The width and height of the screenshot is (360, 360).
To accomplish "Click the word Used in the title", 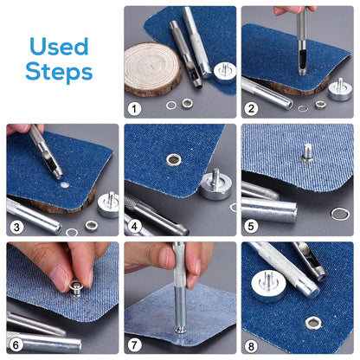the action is (59, 47).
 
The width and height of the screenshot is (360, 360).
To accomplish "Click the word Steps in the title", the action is (59, 71).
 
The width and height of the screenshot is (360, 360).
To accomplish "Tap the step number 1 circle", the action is (134, 109).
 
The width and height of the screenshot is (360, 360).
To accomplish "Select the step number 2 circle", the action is (251, 109).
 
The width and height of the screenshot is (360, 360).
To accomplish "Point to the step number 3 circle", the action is (16, 227).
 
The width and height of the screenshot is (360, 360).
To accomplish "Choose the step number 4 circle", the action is (134, 227).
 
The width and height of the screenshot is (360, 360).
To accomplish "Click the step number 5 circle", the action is (251, 227).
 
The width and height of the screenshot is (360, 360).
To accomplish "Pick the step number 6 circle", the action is (16, 344).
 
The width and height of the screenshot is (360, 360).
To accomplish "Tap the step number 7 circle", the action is (134, 344).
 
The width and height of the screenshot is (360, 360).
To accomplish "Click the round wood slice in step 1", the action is (152, 69).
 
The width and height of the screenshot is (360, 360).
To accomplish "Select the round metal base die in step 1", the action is (225, 72).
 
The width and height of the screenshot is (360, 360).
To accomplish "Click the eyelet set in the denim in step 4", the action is (174, 160).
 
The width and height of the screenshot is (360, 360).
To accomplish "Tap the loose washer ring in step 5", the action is (340, 214).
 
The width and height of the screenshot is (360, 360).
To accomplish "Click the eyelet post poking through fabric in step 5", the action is (308, 152).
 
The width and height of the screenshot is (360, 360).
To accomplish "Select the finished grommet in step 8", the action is (313, 323).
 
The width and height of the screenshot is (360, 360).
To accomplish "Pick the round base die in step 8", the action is (268, 286).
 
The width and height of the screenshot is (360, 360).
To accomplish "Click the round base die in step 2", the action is (340, 90).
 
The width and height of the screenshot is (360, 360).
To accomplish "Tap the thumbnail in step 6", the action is (60, 278).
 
